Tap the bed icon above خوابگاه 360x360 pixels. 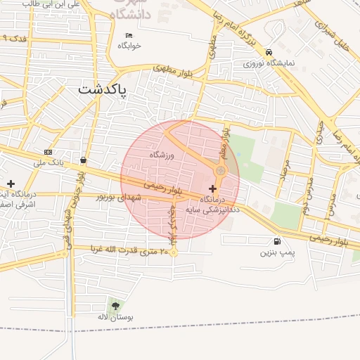(x=129, y=35)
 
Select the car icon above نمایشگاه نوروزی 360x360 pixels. (x=270, y=52)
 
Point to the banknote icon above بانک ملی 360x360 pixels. (x=48, y=152)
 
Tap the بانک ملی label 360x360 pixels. (x=49, y=162)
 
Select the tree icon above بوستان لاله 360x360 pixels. (x=115, y=305)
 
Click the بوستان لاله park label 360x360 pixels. (x=115, y=317)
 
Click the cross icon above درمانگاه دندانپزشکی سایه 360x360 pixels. (x=213, y=188)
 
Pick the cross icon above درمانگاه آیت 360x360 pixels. (x=10, y=183)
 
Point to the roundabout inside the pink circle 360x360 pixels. (x=221, y=170)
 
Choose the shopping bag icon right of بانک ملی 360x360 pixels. (x=84, y=160)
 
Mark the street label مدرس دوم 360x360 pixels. (x=307, y=188)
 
